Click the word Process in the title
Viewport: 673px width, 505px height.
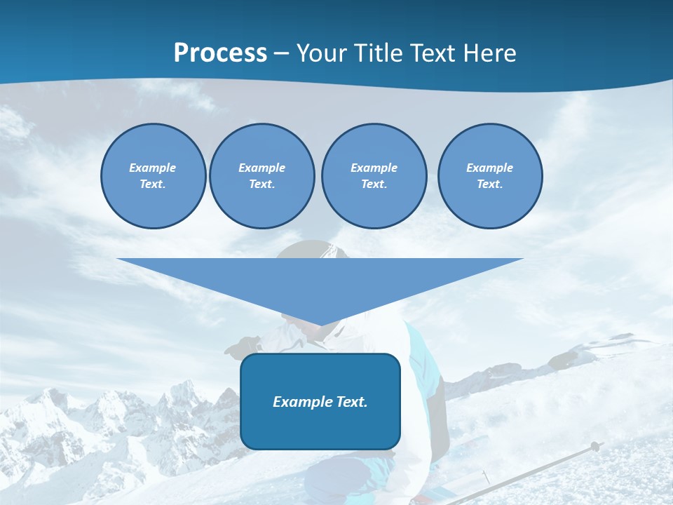220,53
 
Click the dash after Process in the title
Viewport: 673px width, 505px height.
282,53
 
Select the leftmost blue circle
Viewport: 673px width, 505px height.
153,176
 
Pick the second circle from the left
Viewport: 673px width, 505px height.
261,176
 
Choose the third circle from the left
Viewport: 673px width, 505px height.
374,176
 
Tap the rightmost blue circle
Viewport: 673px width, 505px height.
489,176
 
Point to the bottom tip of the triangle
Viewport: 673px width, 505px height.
320,324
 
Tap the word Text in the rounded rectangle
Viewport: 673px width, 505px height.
350,402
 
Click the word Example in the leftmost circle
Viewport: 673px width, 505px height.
153,168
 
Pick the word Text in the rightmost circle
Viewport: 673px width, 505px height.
489,184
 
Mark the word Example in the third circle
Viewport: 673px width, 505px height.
374,168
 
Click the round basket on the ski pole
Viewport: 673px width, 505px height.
594,445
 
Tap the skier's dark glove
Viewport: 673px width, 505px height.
243,346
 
